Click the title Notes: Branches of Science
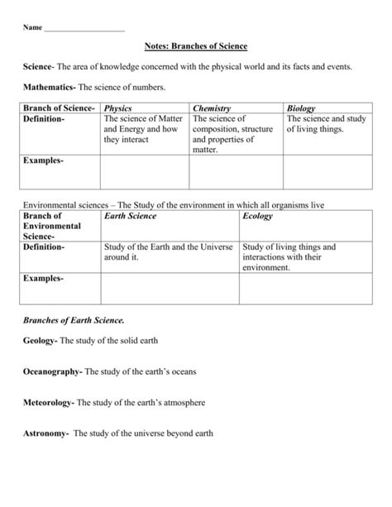point(195,46)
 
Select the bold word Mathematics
point(51,87)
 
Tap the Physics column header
point(118,108)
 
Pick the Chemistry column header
point(212,108)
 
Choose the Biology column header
point(301,108)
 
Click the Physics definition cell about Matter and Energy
point(142,130)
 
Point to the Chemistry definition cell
point(234,134)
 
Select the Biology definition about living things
point(326,124)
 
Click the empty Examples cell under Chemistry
point(236,173)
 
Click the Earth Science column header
point(130,216)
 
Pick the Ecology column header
point(257,216)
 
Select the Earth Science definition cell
point(169,251)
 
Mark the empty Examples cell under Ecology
point(307,289)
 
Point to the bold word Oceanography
point(52,371)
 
